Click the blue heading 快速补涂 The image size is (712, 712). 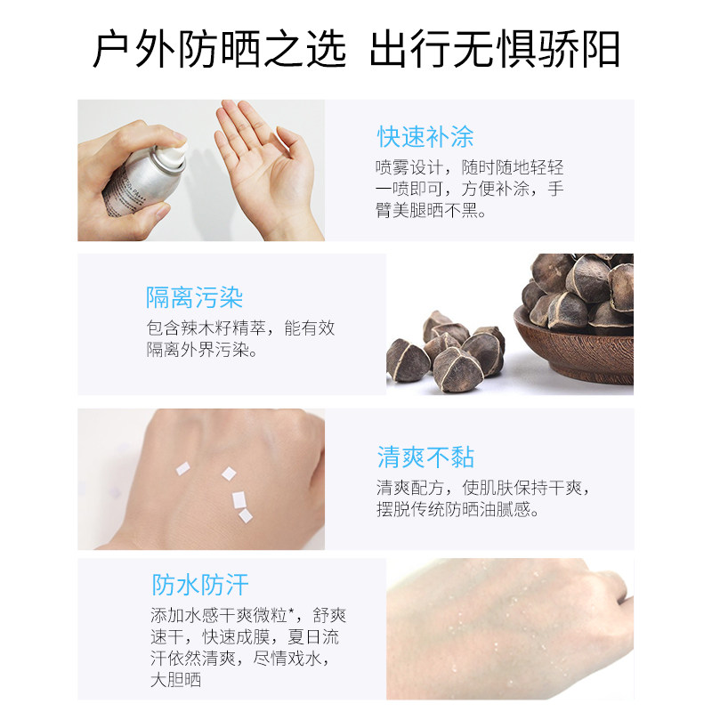[425, 137]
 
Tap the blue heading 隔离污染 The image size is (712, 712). [194, 297]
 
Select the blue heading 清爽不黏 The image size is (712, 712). [425, 457]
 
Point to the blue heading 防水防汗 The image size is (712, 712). [200, 585]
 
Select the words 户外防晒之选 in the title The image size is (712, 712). [219, 50]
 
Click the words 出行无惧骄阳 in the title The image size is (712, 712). [495, 50]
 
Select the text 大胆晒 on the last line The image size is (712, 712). [175, 681]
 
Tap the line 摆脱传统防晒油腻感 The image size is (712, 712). [457, 510]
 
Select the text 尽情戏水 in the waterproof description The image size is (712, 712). [295, 659]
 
